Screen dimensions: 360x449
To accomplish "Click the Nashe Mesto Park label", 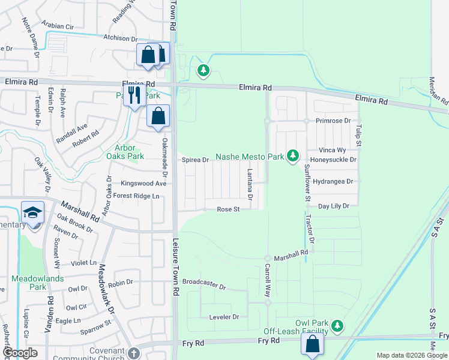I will [x=249, y=157].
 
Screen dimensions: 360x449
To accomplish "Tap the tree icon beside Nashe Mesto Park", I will [x=292, y=157].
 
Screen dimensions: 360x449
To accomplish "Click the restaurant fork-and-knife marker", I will [x=133, y=94].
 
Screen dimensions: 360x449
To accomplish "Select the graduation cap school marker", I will [x=32, y=212].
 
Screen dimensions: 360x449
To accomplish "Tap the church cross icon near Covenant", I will [x=133, y=353].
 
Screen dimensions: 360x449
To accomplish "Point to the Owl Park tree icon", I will [x=338, y=325].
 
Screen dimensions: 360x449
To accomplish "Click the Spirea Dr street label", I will [x=195, y=160].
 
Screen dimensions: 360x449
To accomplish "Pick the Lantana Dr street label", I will [x=250, y=184].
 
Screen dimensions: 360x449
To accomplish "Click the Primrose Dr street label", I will [x=335, y=121].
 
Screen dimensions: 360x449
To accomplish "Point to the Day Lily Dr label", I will [x=334, y=206].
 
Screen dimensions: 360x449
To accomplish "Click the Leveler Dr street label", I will [x=224, y=316].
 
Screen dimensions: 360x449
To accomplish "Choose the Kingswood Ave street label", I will [x=143, y=184].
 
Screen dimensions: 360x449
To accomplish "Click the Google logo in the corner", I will [x=19, y=353].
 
